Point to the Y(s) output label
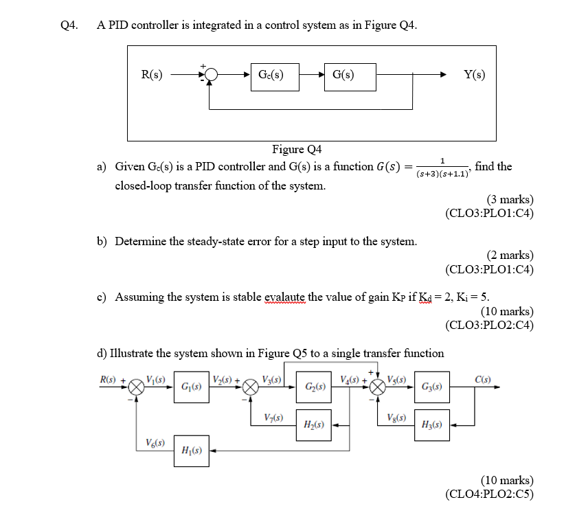(x=474, y=76)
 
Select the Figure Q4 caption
(x=297, y=150)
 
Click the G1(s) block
(x=191, y=387)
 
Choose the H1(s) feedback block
(x=191, y=451)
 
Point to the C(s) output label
(x=482, y=378)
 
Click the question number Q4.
(x=69, y=25)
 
